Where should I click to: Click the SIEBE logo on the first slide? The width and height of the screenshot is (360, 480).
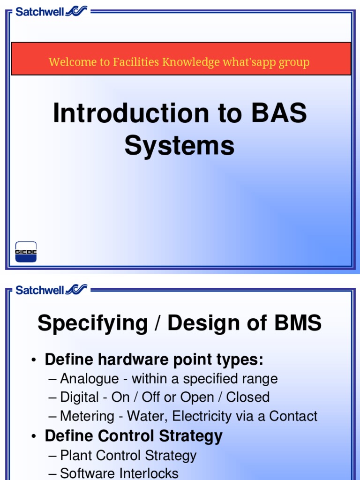[26, 252]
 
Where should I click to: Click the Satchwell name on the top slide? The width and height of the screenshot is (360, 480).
[39, 12]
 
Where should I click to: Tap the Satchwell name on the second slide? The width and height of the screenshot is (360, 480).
[39, 290]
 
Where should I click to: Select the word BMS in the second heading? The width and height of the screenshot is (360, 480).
[295, 323]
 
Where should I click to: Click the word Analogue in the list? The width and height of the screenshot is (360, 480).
[90, 379]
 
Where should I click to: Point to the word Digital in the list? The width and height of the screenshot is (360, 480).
[80, 397]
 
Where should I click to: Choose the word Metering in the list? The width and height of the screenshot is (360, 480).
[87, 416]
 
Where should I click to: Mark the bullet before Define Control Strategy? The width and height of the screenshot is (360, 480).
[33, 437]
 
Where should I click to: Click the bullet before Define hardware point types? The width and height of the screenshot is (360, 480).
[33, 360]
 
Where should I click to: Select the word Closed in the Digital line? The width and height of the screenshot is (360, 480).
[247, 397]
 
